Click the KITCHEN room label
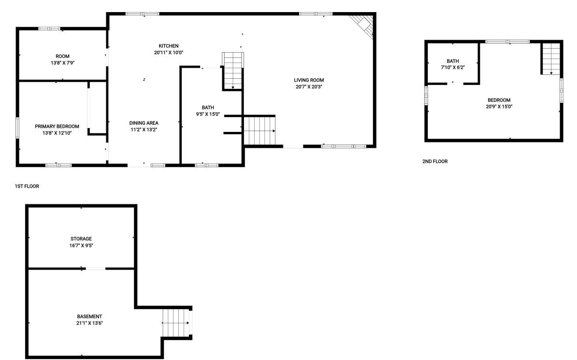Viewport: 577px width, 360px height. [x=169, y=46]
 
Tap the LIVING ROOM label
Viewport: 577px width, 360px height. [x=309, y=80]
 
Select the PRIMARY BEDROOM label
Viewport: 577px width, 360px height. [x=57, y=127]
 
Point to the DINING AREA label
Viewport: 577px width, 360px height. [x=144, y=123]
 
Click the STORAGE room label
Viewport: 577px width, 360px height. [x=81, y=239]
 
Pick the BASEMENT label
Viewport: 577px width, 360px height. [x=89, y=317]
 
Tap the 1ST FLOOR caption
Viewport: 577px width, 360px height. [x=27, y=186]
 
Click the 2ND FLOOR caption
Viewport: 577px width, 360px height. [x=435, y=161]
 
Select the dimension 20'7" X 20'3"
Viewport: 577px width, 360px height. [x=309, y=87]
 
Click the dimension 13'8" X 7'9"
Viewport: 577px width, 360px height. [x=62, y=63]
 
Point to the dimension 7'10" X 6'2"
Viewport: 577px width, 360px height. [x=453, y=68]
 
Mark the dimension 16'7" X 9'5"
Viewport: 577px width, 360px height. [x=81, y=245]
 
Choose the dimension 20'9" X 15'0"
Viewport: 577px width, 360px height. [x=499, y=107]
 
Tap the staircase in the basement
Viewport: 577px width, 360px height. [x=175, y=323]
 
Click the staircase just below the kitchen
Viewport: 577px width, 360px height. [x=232, y=71]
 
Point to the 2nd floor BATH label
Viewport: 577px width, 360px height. [x=453, y=61]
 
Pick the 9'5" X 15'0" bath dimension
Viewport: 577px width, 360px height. [x=208, y=115]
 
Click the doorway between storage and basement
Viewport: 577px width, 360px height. [x=96, y=269]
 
